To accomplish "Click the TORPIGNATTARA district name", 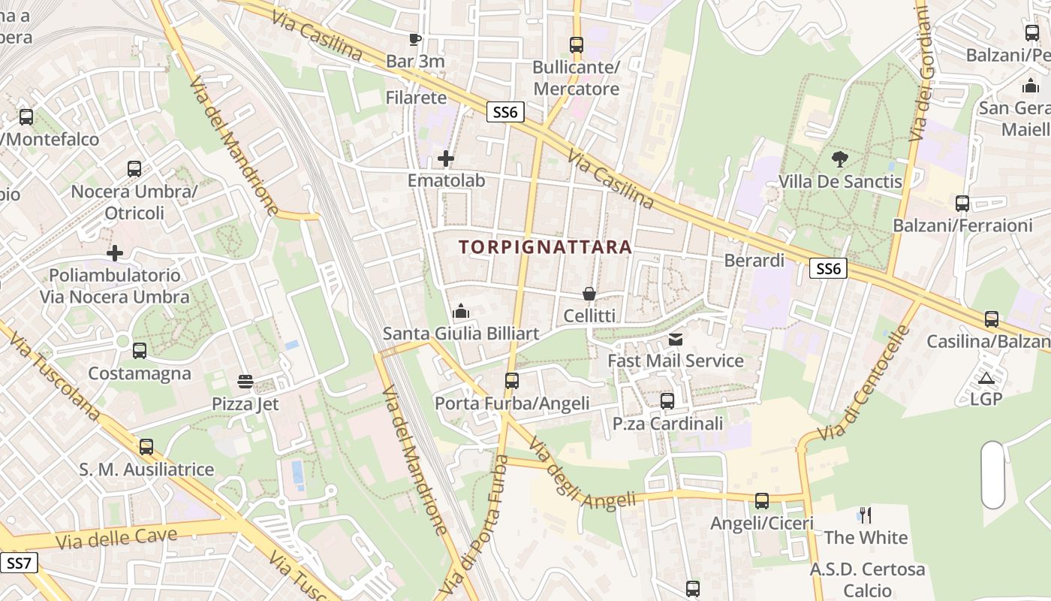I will [x=545, y=246].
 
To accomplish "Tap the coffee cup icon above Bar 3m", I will [x=415, y=39].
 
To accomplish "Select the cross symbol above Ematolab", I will [x=446, y=159].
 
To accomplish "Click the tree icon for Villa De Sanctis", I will [x=840, y=159].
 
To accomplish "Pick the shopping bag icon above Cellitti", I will [x=589, y=294].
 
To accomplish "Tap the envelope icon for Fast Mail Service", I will [x=676, y=340].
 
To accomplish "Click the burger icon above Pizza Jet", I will [x=245, y=382].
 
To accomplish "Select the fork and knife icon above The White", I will [x=866, y=515].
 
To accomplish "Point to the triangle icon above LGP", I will [x=986, y=377].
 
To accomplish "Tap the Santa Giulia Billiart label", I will [x=461, y=333].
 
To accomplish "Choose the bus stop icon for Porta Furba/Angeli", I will [x=512, y=381].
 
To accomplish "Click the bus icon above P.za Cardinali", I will [x=667, y=401].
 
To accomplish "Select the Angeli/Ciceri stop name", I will [x=762, y=523].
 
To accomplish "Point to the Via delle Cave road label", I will [x=116, y=539].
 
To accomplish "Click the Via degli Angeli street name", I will [x=582, y=477].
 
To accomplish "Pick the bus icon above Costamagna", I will [x=140, y=351].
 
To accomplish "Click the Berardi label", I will [x=754, y=261].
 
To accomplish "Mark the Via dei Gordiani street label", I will [x=920, y=75].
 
